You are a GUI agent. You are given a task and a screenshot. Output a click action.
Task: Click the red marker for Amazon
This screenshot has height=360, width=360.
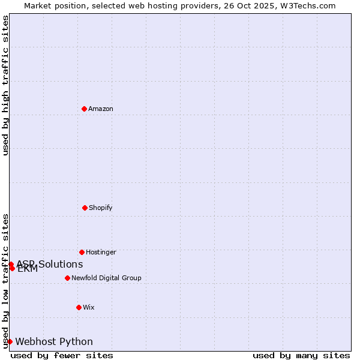pos(85,109)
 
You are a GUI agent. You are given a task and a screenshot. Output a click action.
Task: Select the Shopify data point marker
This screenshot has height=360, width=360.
pos(85,208)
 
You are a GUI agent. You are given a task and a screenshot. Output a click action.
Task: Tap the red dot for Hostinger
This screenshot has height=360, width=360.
pos(82,252)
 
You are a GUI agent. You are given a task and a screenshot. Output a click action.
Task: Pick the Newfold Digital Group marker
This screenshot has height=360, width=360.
pos(67,278)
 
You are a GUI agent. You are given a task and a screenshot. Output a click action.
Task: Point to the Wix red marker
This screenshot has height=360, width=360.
pos(79,307)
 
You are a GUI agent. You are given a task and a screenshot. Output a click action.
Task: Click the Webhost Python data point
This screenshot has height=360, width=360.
pos(10,341)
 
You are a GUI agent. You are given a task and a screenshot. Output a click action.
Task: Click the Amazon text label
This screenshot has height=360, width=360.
pos(101,109)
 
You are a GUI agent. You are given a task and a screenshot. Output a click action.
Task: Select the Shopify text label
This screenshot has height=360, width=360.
pos(101,208)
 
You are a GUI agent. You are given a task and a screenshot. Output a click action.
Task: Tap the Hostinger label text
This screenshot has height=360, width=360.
pos(101,252)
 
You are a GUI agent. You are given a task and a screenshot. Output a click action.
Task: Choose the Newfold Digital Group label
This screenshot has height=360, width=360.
pos(106,278)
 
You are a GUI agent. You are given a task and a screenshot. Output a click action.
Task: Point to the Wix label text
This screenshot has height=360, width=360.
pos(89,307)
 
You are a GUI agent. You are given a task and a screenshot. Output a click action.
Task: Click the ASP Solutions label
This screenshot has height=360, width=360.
pos(50,264)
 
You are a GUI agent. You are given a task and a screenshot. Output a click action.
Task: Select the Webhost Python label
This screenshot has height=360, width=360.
pos(54,341)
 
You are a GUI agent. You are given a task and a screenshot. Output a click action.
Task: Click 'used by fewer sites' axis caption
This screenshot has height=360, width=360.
pos(62,355)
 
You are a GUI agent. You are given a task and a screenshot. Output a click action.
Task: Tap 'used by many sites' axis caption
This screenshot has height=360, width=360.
pos(301,355)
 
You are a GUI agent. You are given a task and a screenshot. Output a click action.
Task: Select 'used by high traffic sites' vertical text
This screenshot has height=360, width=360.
pos(5,85)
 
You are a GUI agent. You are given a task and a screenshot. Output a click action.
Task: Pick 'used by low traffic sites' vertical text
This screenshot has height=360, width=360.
pos(5,281)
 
